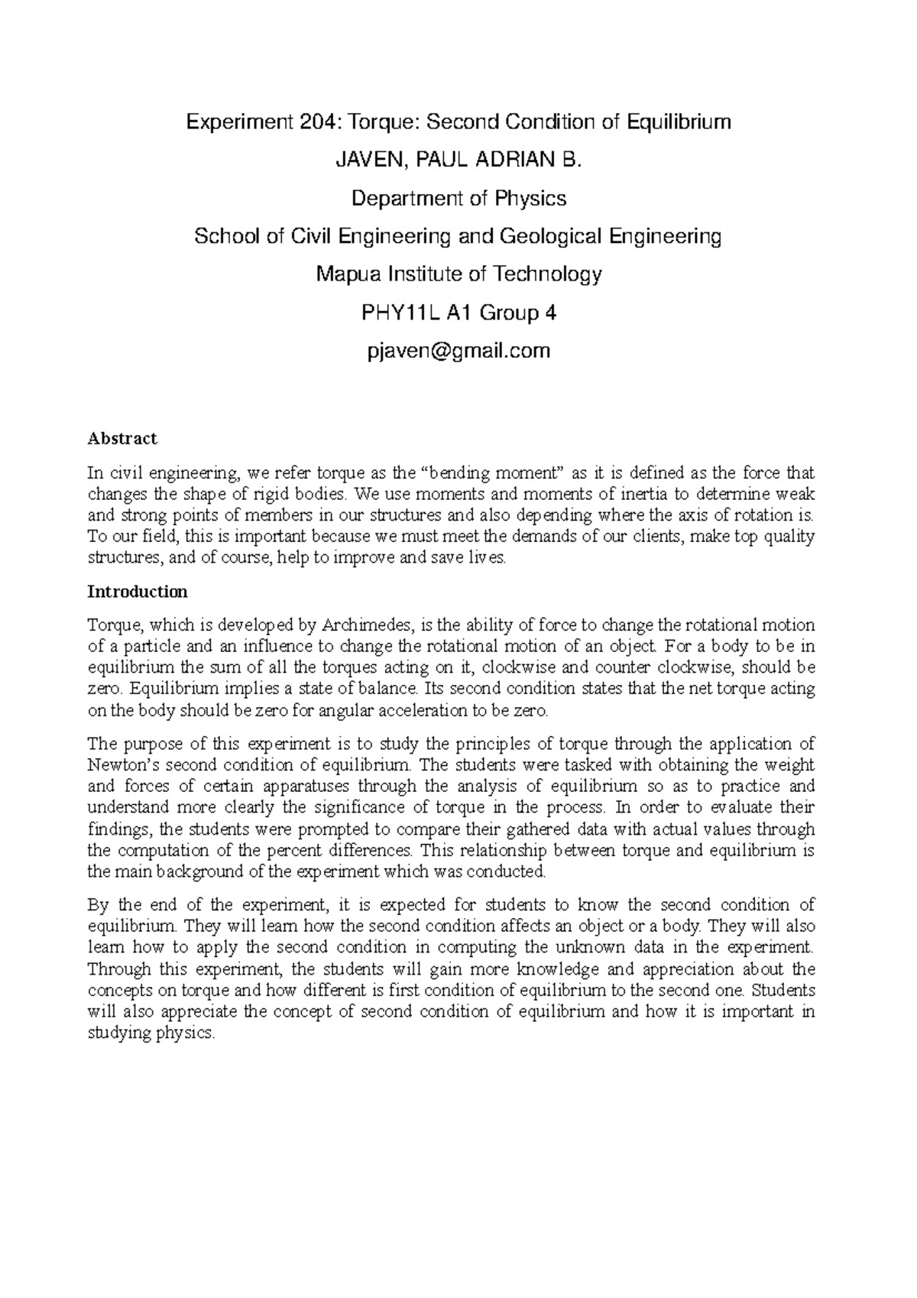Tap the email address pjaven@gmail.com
pos(458,351)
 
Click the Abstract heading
pos(122,439)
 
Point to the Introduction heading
pos(138,592)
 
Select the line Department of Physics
pos(458,199)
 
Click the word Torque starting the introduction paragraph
pos(111,625)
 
